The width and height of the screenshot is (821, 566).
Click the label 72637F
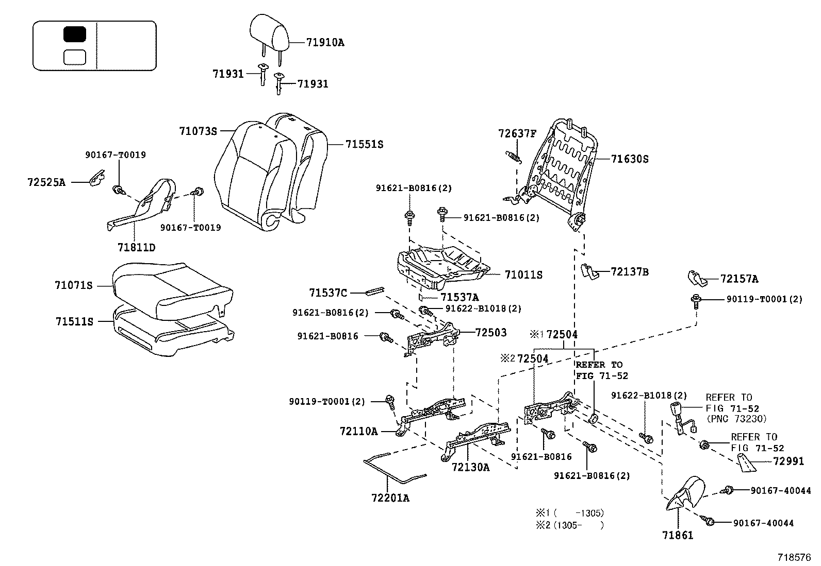[517, 133]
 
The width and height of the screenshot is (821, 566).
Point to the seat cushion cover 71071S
[165, 288]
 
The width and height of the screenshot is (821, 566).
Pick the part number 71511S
[74, 322]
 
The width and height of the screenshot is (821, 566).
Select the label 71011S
[523, 275]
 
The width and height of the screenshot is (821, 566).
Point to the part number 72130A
[470, 467]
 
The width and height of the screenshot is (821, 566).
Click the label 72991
[789, 461]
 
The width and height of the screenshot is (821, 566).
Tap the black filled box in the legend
[75, 35]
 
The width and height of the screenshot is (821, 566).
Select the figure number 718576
[795, 557]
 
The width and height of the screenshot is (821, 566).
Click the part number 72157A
[739, 279]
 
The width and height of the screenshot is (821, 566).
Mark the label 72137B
[630, 271]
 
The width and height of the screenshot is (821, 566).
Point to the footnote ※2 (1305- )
[570, 525]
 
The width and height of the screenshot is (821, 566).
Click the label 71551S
[364, 145]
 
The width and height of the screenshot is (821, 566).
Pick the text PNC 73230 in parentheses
[736, 419]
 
